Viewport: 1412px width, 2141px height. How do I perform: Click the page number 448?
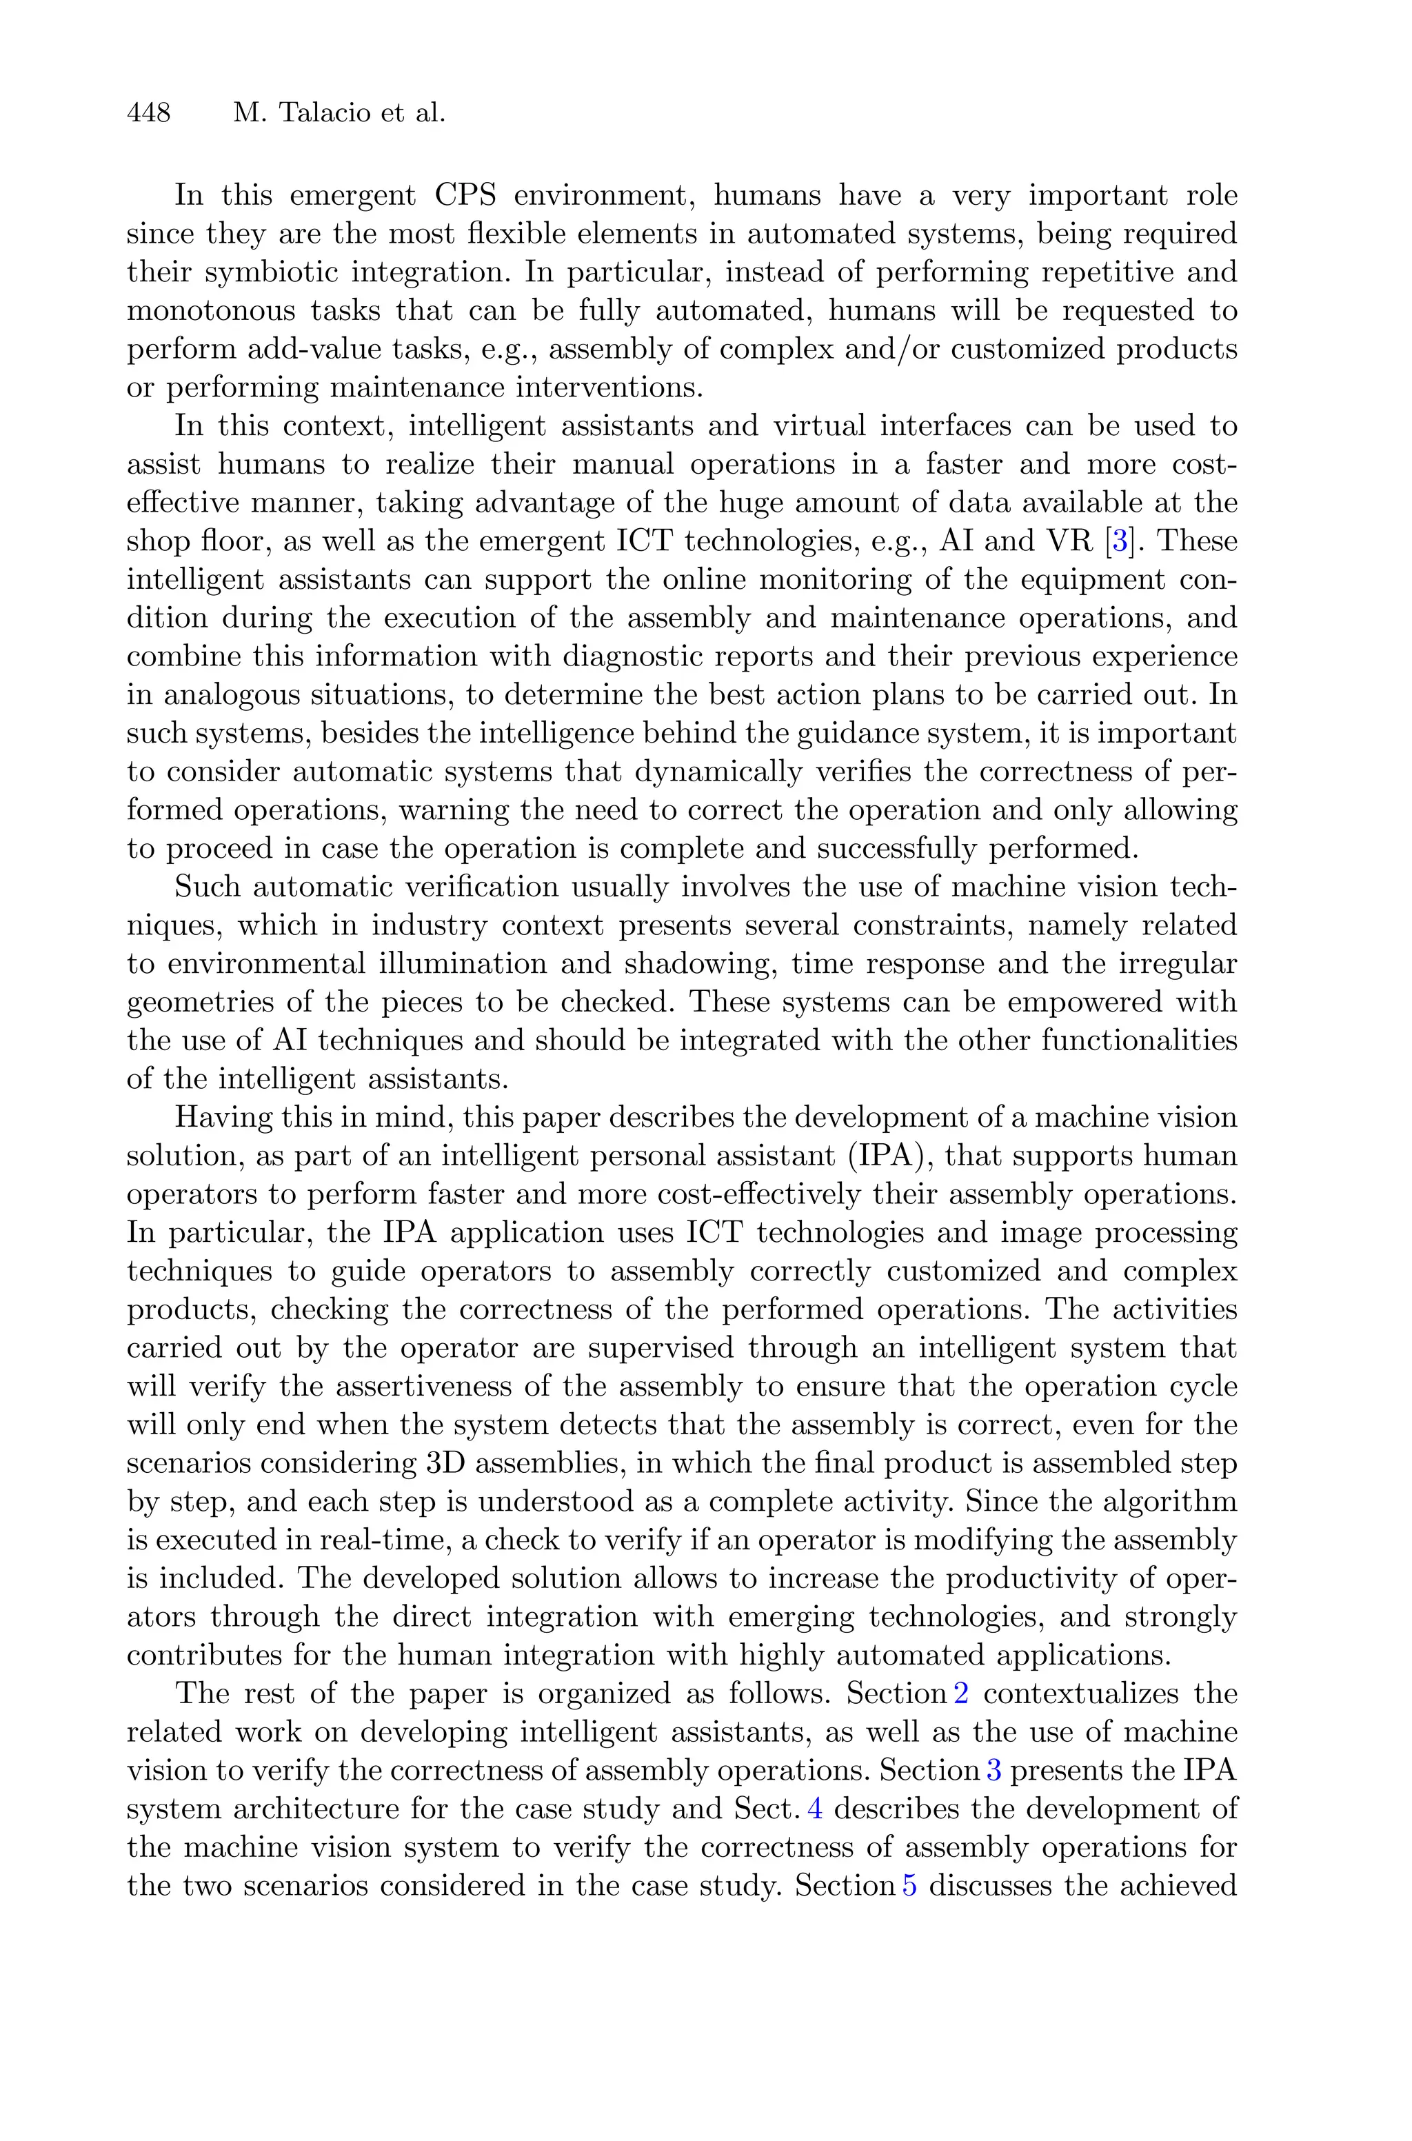coord(150,112)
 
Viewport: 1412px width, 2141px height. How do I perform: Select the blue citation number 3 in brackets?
coord(1120,541)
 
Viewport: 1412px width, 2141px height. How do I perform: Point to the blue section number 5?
coord(909,1885)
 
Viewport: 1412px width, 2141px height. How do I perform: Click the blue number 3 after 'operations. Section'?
coord(994,1770)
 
